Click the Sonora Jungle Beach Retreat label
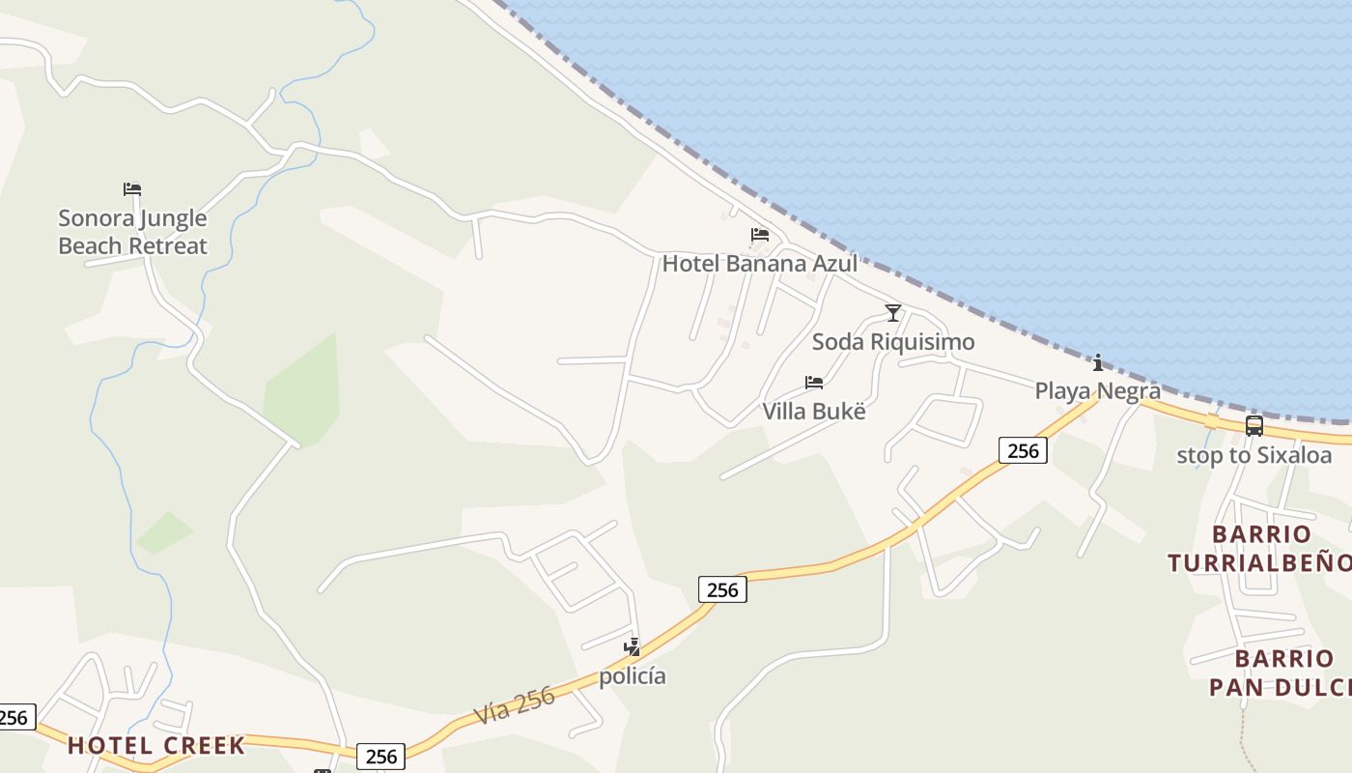click(x=132, y=232)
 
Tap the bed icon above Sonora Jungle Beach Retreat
click(x=132, y=188)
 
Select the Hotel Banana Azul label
click(x=759, y=263)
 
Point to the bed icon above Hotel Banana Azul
click(x=760, y=235)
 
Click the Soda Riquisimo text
click(x=892, y=342)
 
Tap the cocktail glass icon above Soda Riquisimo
click(x=893, y=313)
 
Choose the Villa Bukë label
click(x=813, y=411)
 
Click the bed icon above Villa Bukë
click(x=814, y=383)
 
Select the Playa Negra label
click(x=1097, y=390)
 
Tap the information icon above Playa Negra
click(x=1098, y=362)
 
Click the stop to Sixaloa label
click(x=1253, y=455)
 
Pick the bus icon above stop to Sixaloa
click(x=1253, y=426)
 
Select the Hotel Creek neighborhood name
click(x=156, y=745)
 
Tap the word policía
click(x=633, y=675)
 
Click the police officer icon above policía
click(x=633, y=647)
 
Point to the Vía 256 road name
click(x=515, y=706)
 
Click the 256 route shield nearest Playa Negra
click(x=1023, y=450)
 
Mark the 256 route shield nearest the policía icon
click(x=722, y=588)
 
